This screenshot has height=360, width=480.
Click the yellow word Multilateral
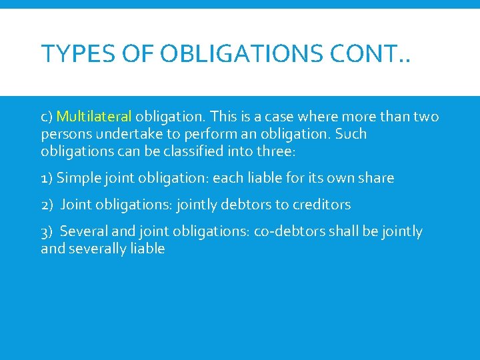[94, 117]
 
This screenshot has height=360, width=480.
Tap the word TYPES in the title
[66, 53]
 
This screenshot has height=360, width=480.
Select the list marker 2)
[47, 205]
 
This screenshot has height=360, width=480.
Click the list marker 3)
[47, 231]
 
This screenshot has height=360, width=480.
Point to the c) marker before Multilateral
[47, 117]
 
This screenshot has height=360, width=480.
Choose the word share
[376, 178]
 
